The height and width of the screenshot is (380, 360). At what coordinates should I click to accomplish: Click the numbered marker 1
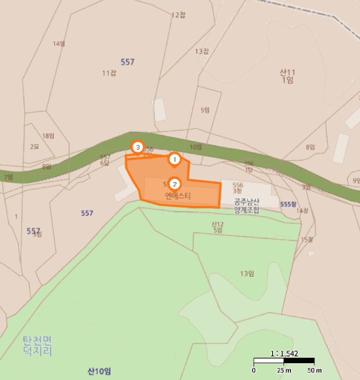click(x=174, y=159)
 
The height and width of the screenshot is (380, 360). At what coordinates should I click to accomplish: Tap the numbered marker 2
click(x=174, y=183)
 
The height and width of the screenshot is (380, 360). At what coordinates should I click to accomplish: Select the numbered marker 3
click(x=138, y=147)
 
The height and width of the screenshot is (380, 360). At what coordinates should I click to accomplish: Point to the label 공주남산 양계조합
click(x=246, y=205)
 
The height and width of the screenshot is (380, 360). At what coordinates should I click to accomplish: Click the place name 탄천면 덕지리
click(x=37, y=346)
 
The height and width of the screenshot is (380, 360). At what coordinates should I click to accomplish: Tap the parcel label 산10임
click(x=99, y=371)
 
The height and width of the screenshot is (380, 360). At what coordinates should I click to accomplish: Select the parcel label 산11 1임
click(x=287, y=75)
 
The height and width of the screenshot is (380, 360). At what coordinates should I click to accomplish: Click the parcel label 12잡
click(x=178, y=15)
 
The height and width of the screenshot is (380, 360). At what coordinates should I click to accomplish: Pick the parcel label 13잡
click(x=202, y=52)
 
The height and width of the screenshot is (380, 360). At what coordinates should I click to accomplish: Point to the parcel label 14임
click(x=59, y=43)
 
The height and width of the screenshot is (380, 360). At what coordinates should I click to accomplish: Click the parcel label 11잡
click(x=109, y=73)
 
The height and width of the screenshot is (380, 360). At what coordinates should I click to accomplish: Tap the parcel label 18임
click(x=48, y=136)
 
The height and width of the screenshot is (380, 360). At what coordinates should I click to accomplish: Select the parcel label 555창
click(x=288, y=204)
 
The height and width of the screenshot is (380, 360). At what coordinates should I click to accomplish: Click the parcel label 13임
click(x=247, y=274)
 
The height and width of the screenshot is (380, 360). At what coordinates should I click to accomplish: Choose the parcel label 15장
click(x=307, y=239)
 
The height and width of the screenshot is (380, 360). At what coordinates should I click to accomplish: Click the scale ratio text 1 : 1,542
click(x=284, y=353)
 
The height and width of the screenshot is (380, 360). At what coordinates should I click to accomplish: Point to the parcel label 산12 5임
click(x=217, y=227)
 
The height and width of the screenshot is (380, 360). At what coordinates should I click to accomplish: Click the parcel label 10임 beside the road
click(x=195, y=147)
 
